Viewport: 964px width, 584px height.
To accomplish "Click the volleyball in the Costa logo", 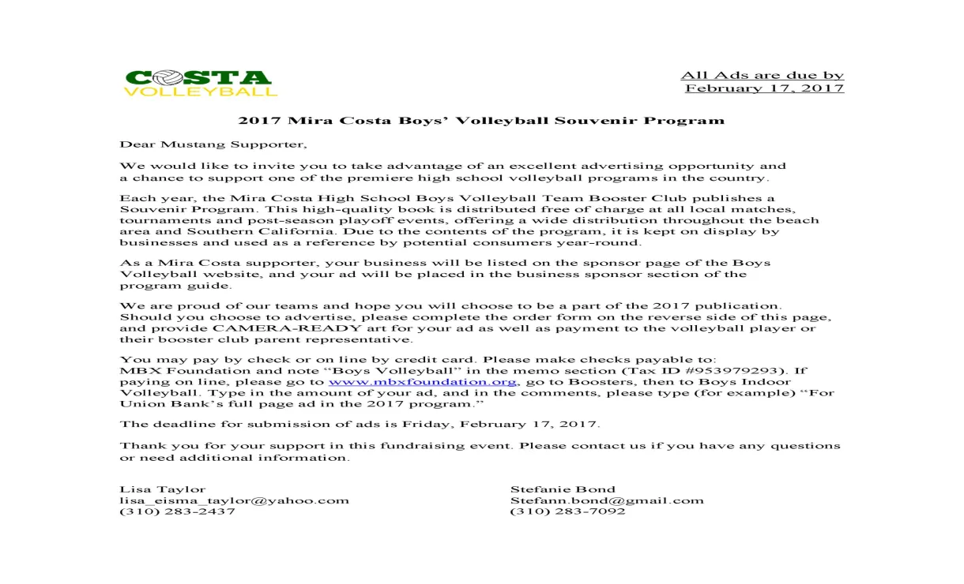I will coord(164,78).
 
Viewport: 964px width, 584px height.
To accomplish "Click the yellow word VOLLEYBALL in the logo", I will coord(201,92).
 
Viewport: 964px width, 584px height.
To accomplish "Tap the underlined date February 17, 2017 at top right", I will coord(764,88).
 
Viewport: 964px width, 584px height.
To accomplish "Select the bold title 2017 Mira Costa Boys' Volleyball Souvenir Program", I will coord(481,121).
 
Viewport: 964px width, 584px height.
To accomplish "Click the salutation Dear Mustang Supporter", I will coord(213,144).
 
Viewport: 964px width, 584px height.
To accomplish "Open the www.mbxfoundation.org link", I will coord(423,382).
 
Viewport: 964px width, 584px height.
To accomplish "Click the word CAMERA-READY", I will coord(261,328).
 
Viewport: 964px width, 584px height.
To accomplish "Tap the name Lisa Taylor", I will coord(162,489).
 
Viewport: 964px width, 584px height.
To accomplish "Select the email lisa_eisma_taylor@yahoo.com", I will coord(234,500).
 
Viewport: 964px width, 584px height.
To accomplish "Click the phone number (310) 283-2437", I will coord(177,511).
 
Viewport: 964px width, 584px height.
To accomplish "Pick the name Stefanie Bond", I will coord(563,489).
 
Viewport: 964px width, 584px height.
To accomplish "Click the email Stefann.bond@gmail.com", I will coord(607,500).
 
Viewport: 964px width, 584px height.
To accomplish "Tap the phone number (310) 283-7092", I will coord(568,511).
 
